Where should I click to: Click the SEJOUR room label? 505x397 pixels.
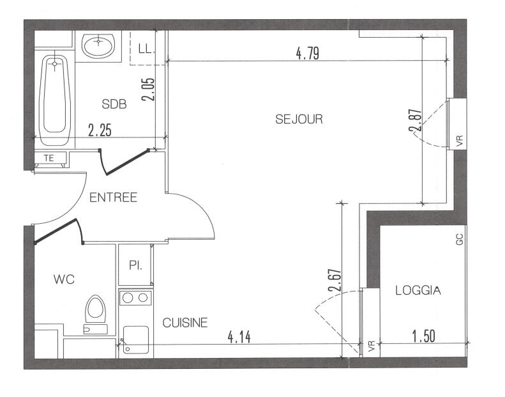pos(299,119)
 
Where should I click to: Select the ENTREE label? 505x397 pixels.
pos(113,198)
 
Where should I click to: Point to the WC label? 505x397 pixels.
pos(64,279)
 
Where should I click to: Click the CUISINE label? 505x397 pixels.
pos(185,322)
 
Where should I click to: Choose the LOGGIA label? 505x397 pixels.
pos(418,290)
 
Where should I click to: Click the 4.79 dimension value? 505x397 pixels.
pos(307,54)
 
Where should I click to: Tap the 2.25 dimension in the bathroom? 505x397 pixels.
pos(100,131)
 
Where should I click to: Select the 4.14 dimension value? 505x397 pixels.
pos(239,337)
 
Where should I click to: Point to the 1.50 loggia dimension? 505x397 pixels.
pos(423,337)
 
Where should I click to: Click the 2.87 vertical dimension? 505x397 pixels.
pos(416,121)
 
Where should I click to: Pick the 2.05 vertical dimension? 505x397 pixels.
pos(149,90)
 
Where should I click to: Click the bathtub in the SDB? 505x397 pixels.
pos(55,99)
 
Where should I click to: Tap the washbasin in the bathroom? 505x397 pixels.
pos(98,44)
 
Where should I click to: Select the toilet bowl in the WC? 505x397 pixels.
pos(96,310)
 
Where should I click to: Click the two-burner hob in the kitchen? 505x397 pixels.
pos(135,297)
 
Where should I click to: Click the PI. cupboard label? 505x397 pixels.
pos(135,265)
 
